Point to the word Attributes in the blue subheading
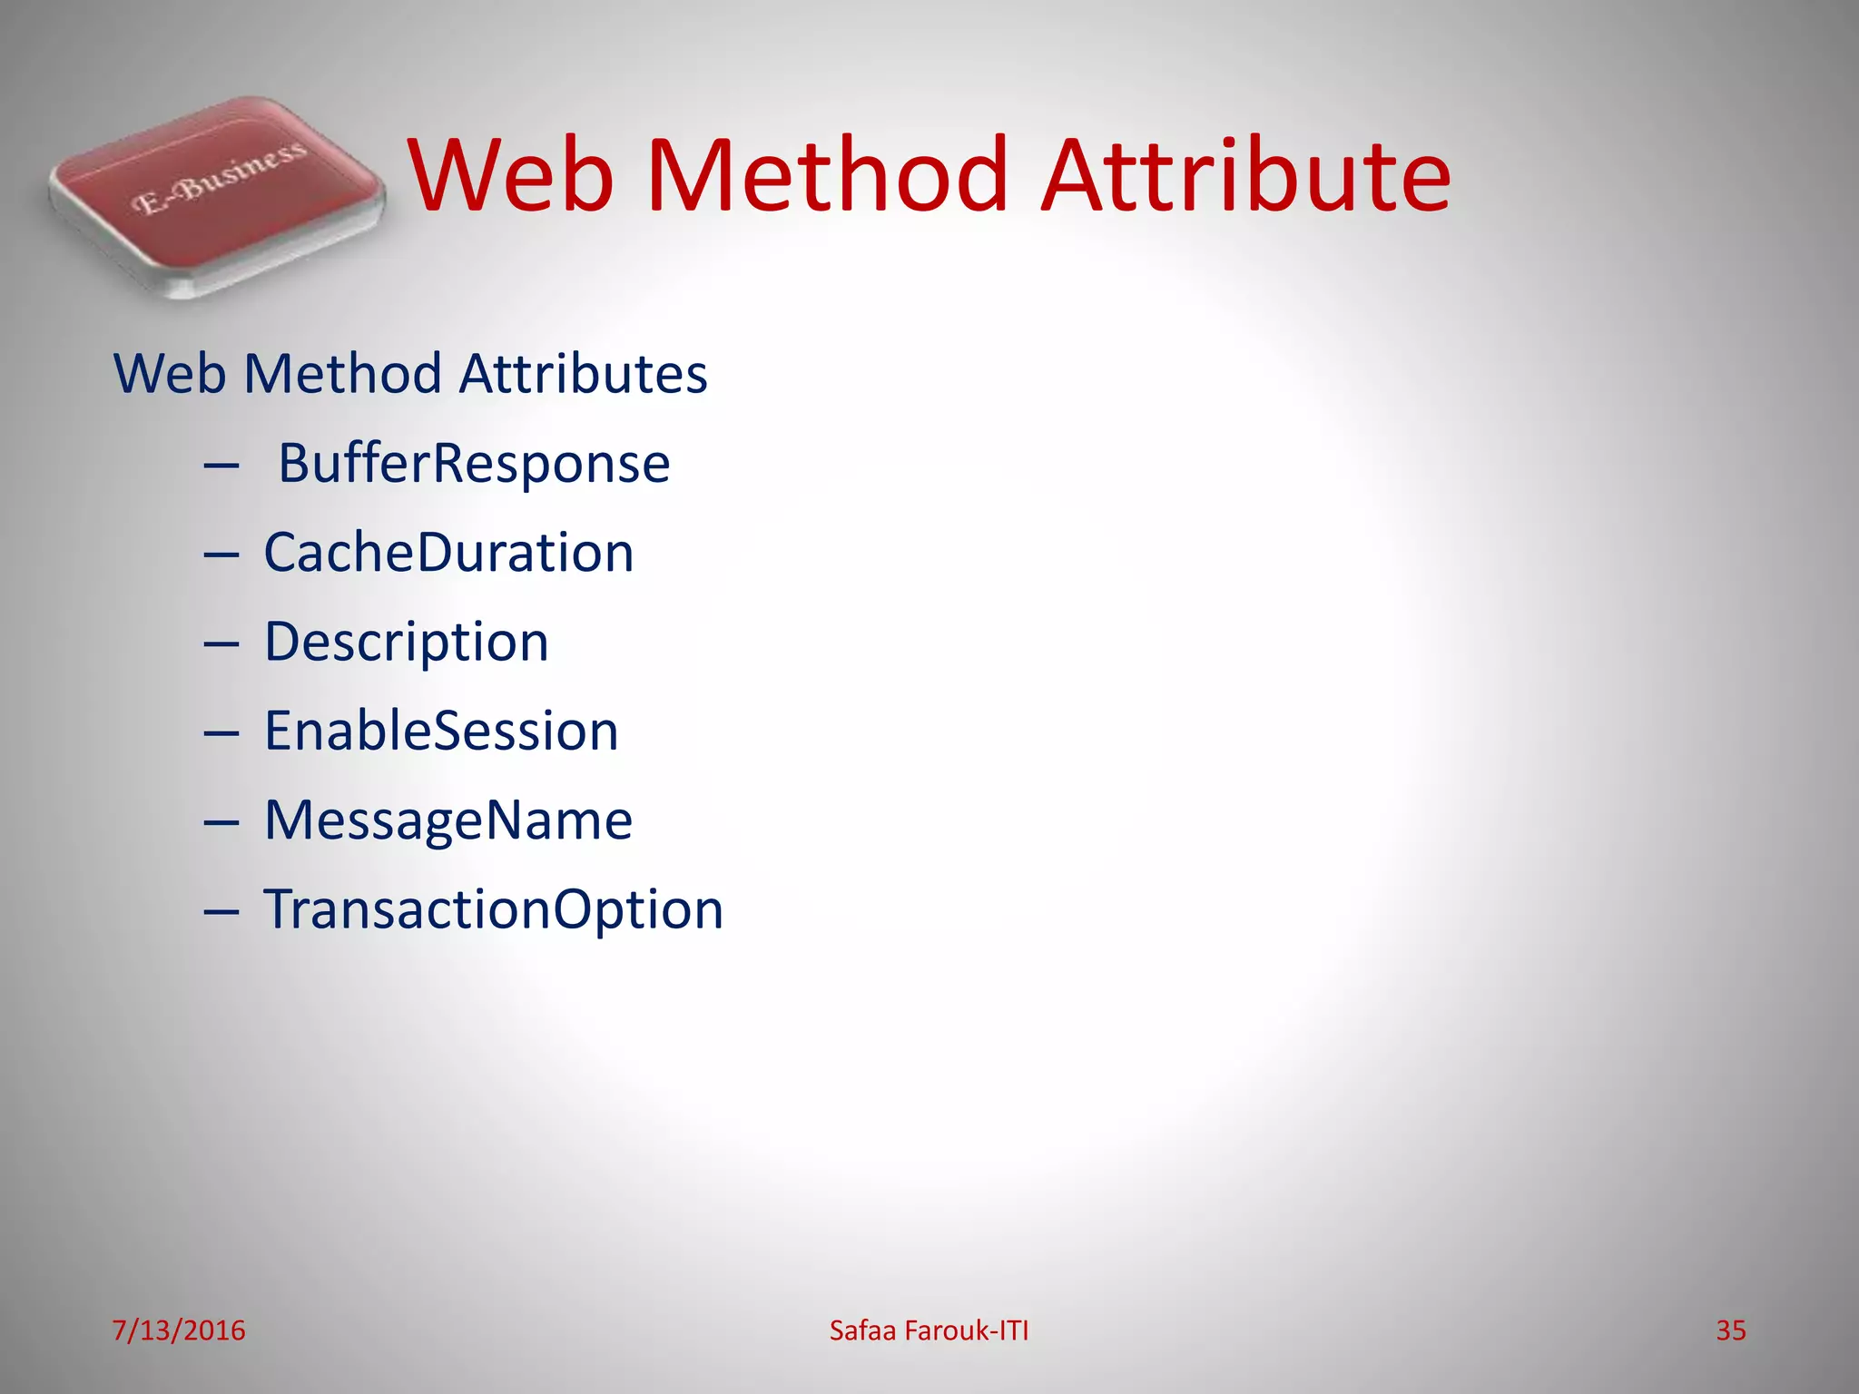tap(583, 374)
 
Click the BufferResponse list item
tap(474, 463)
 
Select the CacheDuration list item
tap(448, 552)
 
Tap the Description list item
tap(407, 642)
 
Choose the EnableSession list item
tap(441, 731)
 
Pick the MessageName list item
tap(448, 820)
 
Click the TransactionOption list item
tap(493, 908)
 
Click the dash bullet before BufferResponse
tap(221, 466)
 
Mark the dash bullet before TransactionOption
tap(221, 912)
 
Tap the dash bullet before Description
tap(221, 644)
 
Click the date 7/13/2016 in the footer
tap(178, 1330)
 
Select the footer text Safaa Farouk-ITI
tap(929, 1330)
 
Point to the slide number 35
tap(1730, 1330)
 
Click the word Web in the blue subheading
tap(169, 374)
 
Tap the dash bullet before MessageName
tap(221, 823)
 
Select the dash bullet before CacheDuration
tap(221, 555)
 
